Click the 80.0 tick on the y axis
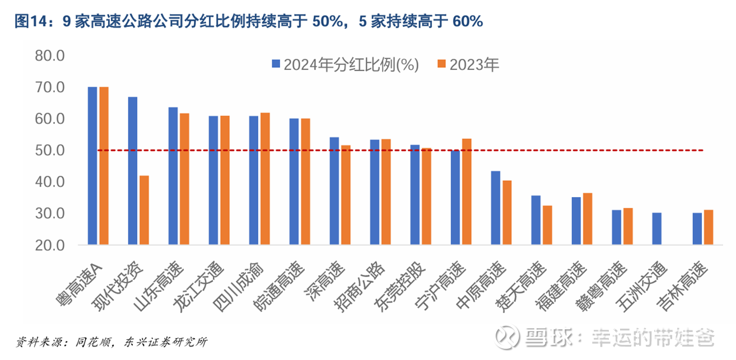pos(49,56)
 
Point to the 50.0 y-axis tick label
pos(49,151)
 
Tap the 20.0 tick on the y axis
pos(49,245)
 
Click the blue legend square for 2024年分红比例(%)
pos(276,64)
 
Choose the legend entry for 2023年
pos(468,64)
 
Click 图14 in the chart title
pos(28,21)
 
